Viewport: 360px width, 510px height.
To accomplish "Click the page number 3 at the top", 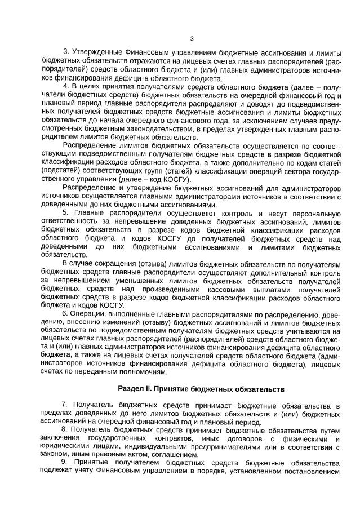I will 192,38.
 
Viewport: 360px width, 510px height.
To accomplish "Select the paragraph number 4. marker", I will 66,86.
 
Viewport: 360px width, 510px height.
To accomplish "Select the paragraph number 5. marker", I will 66,212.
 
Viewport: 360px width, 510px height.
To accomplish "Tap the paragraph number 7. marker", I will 65,405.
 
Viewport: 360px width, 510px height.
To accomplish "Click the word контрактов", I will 168,439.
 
